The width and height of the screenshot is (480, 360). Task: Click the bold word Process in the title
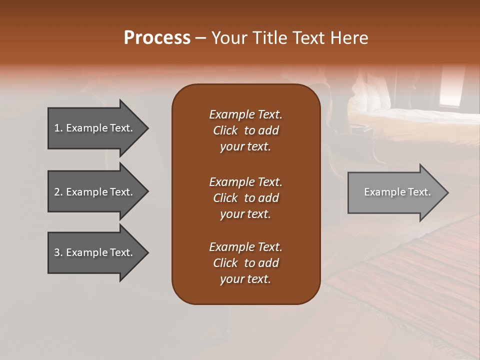click(157, 37)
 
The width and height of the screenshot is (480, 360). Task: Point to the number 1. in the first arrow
click(58, 128)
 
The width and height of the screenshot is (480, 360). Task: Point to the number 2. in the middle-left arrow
click(58, 192)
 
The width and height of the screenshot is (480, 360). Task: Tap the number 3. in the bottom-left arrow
click(58, 252)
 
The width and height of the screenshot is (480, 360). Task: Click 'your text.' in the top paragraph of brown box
click(245, 147)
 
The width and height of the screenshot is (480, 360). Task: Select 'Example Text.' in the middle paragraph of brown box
click(245, 181)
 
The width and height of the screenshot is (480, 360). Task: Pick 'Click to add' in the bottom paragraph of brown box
click(245, 263)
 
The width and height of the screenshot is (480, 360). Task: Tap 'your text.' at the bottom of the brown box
click(245, 279)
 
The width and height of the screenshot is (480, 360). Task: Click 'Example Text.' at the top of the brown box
click(245, 114)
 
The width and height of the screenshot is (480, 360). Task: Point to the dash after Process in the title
click(200, 38)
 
